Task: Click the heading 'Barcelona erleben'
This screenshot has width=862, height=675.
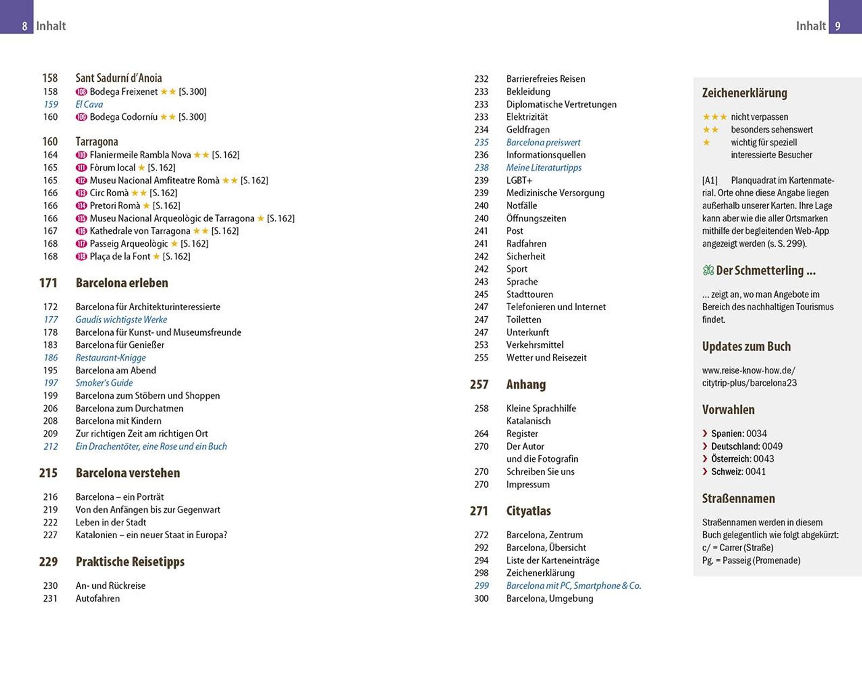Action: pos(122,283)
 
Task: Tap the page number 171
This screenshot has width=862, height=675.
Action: pos(48,283)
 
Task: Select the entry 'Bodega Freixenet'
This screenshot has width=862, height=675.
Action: pos(123,92)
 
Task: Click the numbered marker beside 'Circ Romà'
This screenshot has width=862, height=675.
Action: pos(81,193)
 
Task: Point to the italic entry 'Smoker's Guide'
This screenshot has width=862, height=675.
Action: pos(104,383)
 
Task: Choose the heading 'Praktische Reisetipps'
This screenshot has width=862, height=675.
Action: pos(130,562)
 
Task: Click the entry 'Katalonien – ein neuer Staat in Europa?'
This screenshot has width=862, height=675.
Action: pos(151,535)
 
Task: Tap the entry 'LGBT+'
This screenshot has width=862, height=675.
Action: pos(519,180)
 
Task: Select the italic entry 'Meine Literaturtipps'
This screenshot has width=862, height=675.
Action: pos(544,168)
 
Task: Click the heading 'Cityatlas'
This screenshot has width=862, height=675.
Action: pos(528,511)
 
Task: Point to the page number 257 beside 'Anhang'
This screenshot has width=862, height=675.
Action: pos(479,385)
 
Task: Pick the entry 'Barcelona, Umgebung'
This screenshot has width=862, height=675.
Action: pos(550,599)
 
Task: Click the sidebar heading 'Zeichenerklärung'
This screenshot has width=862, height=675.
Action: pos(744,93)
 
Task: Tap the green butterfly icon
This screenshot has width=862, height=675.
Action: pos(708,270)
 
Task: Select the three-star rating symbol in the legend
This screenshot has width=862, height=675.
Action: pos(714,117)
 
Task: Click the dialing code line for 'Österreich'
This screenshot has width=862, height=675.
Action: pos(738,459)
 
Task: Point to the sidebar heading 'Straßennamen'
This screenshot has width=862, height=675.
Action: pos(738,499)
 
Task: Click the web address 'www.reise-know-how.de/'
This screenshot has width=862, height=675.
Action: pos(748,371)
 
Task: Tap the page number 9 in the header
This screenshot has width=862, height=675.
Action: pos(838,26)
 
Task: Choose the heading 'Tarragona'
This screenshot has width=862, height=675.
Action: pos(96,142)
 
